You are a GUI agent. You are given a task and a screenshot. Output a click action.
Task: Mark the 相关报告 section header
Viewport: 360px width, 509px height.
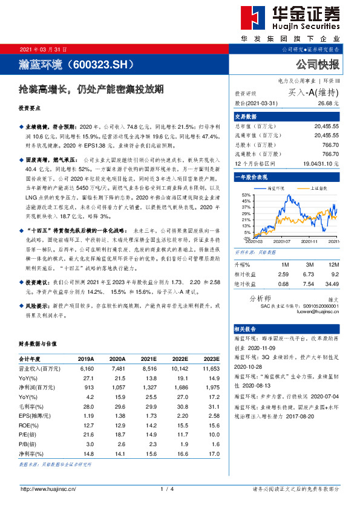(x=246, y=329)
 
